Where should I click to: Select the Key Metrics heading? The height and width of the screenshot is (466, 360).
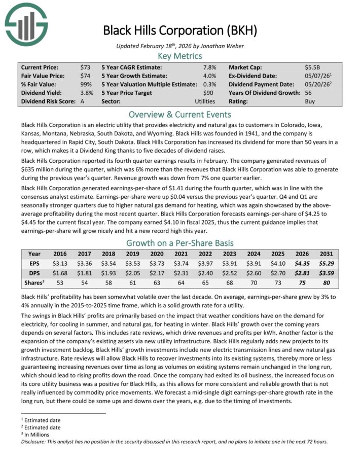tap(180, 56)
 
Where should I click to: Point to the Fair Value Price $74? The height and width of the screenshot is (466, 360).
tap(86, 76)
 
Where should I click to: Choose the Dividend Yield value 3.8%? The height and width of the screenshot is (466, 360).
tap(86, 93)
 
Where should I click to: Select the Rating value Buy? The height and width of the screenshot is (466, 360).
tap(309, 101)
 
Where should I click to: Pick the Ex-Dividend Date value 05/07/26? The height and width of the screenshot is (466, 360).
tap(317, 76)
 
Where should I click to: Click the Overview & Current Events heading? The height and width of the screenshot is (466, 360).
tap(180, 114)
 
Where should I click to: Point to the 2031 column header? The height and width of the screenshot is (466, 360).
tap(328, 254)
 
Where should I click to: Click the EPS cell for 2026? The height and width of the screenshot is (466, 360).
tap(302, 263)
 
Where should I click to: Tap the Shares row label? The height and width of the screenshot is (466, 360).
tap(34, 282)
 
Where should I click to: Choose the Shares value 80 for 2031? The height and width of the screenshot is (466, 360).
tap(328, 282)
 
